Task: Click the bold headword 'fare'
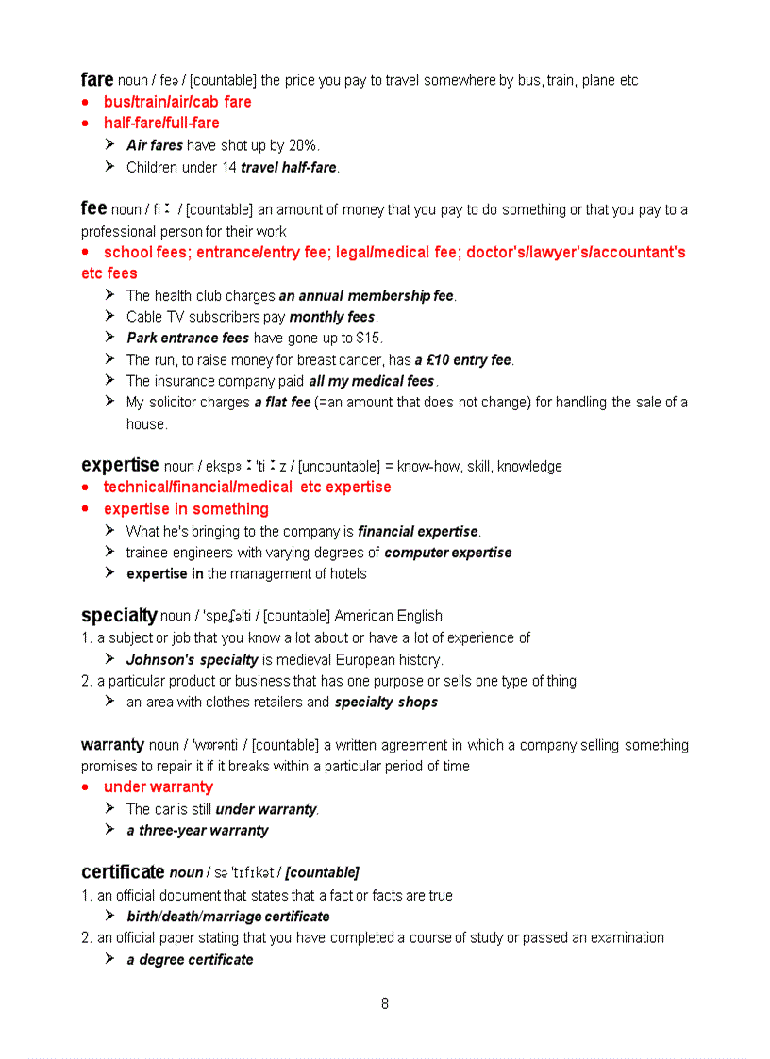[x=96, y=79]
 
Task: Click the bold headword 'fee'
[x=93, y=208]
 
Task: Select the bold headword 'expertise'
[x=120, y=465]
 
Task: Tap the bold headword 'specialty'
[x=119, y=616]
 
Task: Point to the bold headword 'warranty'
[x=112, y=745]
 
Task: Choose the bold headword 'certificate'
[x=123, y=872]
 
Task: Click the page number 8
[x=385, y=1004]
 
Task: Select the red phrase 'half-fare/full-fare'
[x=161, y=123]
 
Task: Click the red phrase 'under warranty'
[x=159, y=786]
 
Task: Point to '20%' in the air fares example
[x=303, y=145]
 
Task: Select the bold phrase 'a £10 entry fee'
[x=462, y=359]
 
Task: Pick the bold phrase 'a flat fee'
[x=282, y=402]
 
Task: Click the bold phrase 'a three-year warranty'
[x=197, y=830]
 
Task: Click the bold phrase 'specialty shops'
[x=386, y=702]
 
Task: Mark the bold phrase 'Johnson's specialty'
[x=192, y=659]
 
